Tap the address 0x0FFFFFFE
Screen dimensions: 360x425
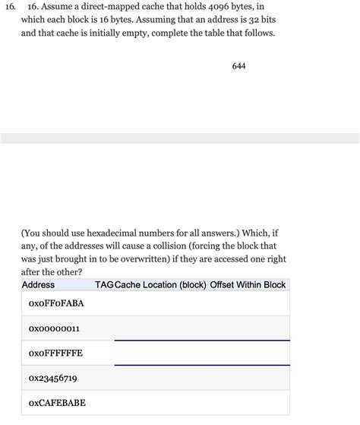click(55, 353)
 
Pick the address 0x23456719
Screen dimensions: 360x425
click(52, 378)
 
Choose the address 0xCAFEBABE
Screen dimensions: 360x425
click(56, 402)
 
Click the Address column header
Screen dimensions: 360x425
click(38, 284)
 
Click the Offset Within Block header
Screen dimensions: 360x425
click(248, 284)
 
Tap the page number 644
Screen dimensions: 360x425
click(238, 66)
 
